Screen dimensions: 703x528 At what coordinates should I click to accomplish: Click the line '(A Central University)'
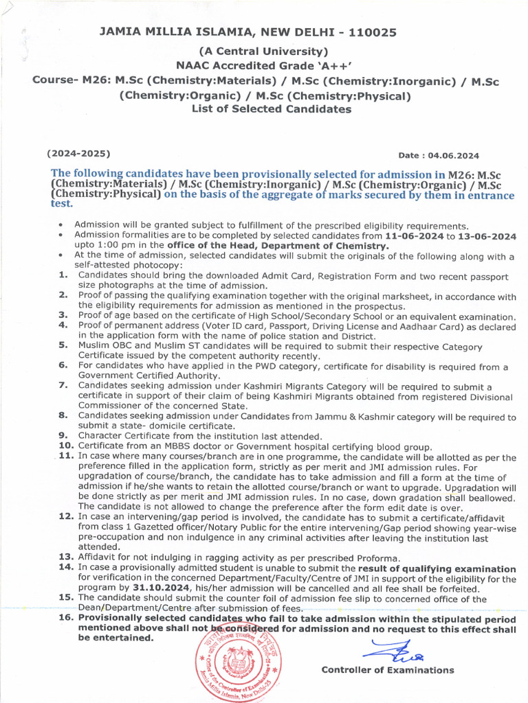pyautogui.click(x=263, y=51)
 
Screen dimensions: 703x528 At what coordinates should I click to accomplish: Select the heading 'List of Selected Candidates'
pyautogui.click(x=272, y=109)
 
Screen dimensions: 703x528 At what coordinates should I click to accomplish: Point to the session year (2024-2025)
pyautogui.click(x=78, y=153)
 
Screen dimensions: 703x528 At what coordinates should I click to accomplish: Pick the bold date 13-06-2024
pyautogui.click(x=489, y=235)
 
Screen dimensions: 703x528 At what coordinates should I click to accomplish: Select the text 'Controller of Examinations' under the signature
pyautogui.click(x=388, y=670)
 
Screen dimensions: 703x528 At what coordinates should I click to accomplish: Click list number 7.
pyautogui.click(x=63, y=387)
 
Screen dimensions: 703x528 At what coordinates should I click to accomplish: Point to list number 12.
pyautogui.click(x=66, y=516)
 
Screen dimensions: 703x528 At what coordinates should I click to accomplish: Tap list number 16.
pyautogui.click(x=66, y=618)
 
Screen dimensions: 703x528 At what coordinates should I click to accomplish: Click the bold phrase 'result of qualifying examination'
pyautogui.click(x=437, y=568)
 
